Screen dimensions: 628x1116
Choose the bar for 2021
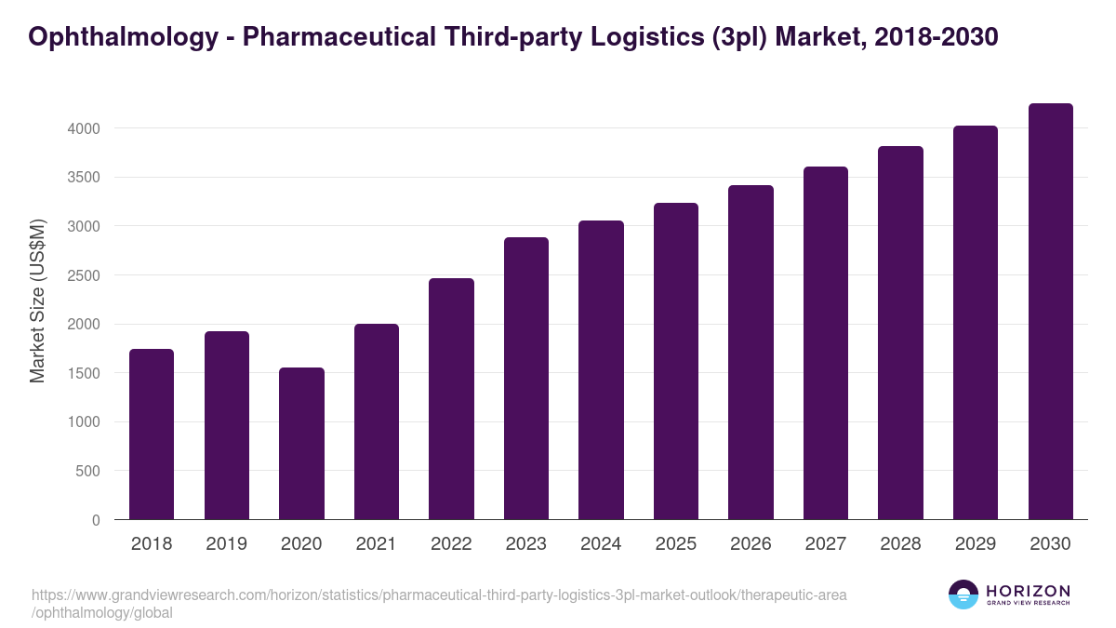pos(377,421)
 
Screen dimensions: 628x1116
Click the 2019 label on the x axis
pos(226,543)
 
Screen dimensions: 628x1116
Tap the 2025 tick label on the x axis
pos(675,543)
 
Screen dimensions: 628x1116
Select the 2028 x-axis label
pos(900,543)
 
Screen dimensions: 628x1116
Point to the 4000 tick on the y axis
pos(85,128)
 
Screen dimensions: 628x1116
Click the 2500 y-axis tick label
pos(85,275)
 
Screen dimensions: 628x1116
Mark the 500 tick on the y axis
pos(89,471)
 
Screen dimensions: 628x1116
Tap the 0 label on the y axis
pos(96,520)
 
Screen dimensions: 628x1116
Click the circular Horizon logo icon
pos(963,595)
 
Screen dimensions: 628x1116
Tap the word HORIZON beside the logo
pos(1028,590)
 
